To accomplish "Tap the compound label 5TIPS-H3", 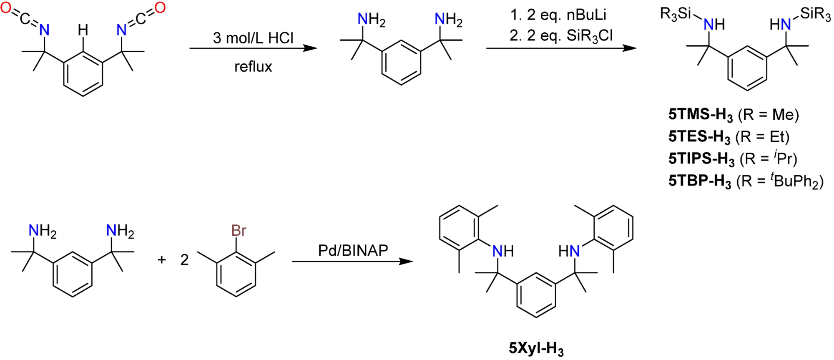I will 701,159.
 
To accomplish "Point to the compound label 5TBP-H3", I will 700,181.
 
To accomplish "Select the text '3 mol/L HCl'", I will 253,38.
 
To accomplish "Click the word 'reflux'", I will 253,67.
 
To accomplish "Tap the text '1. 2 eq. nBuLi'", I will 558,15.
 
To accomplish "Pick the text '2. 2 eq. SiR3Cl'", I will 561,36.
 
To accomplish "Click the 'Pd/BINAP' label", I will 353,250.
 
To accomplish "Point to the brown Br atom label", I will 239,231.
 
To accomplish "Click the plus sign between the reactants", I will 162,260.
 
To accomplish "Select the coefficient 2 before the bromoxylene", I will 184,260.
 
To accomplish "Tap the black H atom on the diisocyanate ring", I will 83,30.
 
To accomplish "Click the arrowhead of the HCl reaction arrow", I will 311,48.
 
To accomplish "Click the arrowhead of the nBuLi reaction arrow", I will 630,48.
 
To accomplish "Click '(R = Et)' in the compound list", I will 763,137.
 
